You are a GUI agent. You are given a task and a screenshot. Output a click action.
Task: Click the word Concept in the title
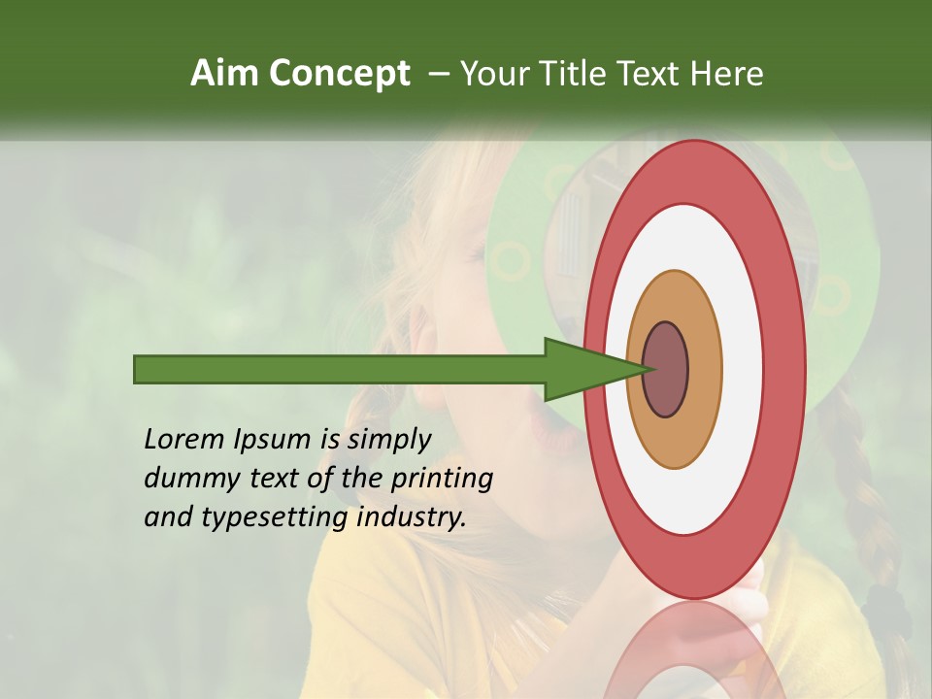339,74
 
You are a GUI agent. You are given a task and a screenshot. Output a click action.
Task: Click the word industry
412,517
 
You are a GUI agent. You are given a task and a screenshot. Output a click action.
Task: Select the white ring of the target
743,369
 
